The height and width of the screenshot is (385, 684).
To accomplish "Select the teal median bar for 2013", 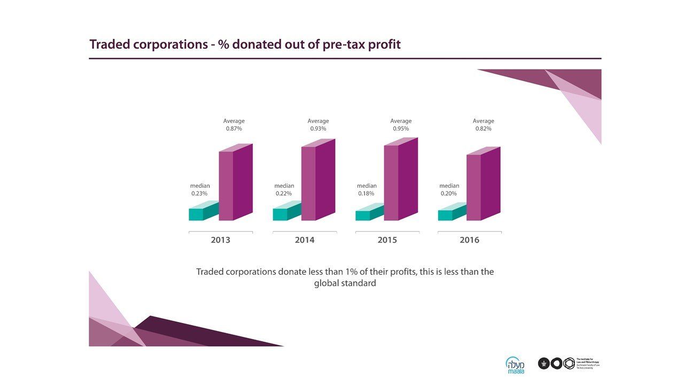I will (x=200, y=213).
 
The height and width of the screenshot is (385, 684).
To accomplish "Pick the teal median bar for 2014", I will (x=284, y=213).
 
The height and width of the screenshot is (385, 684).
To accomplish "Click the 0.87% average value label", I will (x=234, y=129).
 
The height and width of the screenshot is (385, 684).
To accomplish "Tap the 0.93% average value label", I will (x=318, y=129).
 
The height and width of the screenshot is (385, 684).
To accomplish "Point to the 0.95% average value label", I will (x=401, y=129).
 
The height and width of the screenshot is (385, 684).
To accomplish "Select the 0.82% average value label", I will (x=483, y=129).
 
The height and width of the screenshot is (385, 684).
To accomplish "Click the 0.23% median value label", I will (x=199, y=194).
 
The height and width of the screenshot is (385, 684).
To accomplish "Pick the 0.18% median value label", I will (x=366, y=194).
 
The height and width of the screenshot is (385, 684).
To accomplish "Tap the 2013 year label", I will (x=220, y=240).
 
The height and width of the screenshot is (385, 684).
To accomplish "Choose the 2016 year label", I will (x=469, y=240).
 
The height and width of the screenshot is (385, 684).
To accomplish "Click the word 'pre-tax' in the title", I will (x=345, y=45).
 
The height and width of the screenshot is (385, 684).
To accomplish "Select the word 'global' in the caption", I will (x=329, y=283).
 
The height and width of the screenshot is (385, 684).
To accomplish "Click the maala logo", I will (x=515, y=365).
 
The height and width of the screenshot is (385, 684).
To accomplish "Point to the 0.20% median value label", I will (x=448, y=194).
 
